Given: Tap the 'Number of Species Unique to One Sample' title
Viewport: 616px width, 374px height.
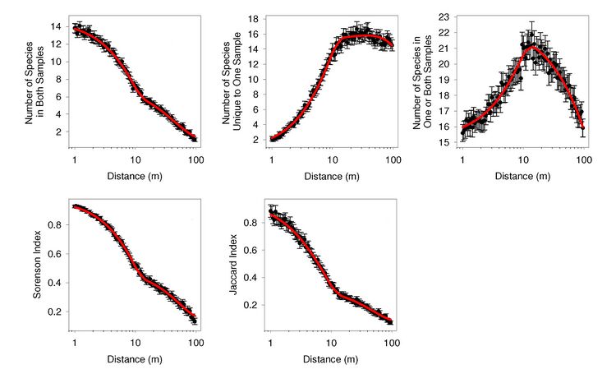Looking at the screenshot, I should (232, 76).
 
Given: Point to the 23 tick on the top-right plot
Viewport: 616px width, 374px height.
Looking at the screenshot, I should (444, 16).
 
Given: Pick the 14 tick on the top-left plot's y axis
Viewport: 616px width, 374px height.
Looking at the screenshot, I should (54, 26).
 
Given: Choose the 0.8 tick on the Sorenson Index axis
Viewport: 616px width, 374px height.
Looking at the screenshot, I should (56, 224).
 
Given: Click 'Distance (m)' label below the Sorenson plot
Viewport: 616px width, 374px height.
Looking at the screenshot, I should (135, 360).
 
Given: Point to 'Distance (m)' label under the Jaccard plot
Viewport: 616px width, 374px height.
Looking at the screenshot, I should (330, 360).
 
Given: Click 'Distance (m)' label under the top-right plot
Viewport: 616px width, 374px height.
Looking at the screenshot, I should (523, 175).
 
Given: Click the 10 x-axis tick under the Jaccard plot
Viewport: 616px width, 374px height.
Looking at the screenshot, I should (331, 344).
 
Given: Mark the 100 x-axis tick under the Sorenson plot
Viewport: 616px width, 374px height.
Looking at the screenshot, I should (195, 344).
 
